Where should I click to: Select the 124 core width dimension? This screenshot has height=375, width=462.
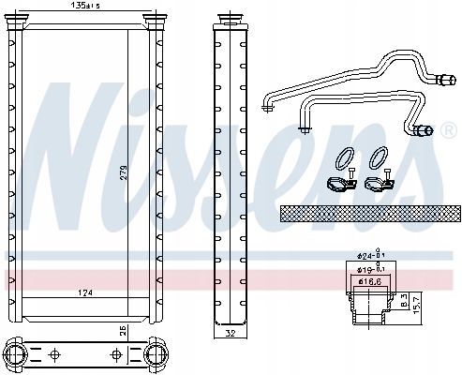86,294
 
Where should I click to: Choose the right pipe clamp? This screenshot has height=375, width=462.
380,182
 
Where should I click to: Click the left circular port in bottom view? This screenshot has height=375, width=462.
17,355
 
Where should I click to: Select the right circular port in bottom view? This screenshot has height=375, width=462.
156,355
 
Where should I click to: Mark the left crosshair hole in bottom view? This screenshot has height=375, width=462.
54,355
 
